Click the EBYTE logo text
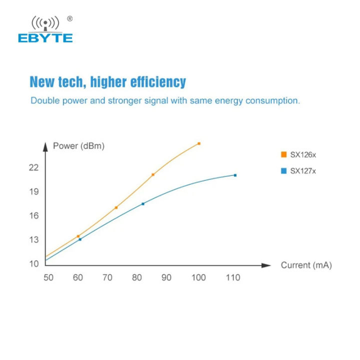(45, 38)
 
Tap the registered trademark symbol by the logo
(69, 19)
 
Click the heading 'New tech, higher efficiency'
(107, 82)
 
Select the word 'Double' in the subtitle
(44, 100)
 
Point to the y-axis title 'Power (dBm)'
(79, 146)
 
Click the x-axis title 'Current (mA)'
(306, 265)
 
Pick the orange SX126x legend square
(283, 155)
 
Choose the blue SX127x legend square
(283, 171)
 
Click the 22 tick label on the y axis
(33, 167)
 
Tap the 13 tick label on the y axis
(33, 239)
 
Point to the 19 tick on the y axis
(33, 191)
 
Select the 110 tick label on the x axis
(233, 277)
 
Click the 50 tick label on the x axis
(48, 277)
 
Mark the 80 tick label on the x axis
(137, 277)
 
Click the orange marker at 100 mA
(199, 143)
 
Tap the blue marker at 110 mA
(235, 175)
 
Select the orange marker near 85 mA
(153, 174)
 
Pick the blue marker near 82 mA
(143, 203)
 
